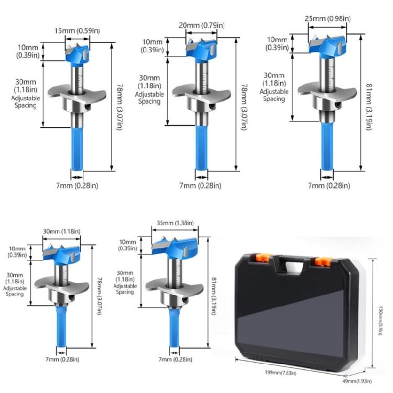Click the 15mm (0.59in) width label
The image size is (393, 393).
click(x=78, y=30)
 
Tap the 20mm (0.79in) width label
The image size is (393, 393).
click(x=202, y=26)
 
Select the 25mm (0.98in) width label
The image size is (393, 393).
click(x=327, y=19)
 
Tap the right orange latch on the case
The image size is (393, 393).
click(x=321, y=260)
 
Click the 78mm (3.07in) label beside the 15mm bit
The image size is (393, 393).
click(x=119, y=107)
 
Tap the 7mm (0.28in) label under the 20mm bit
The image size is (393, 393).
click(x=200, y=185)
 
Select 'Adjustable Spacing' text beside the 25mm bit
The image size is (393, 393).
click(x=275, y=95)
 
